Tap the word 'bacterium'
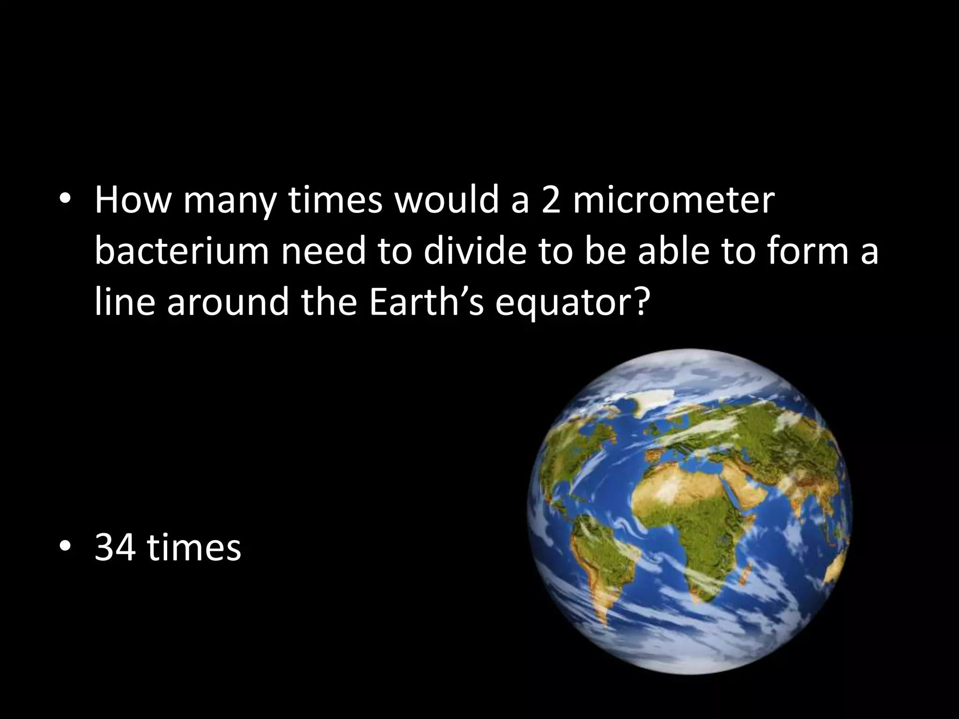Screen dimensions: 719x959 (182, 251)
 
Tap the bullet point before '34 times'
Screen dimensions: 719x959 (65, 546)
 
